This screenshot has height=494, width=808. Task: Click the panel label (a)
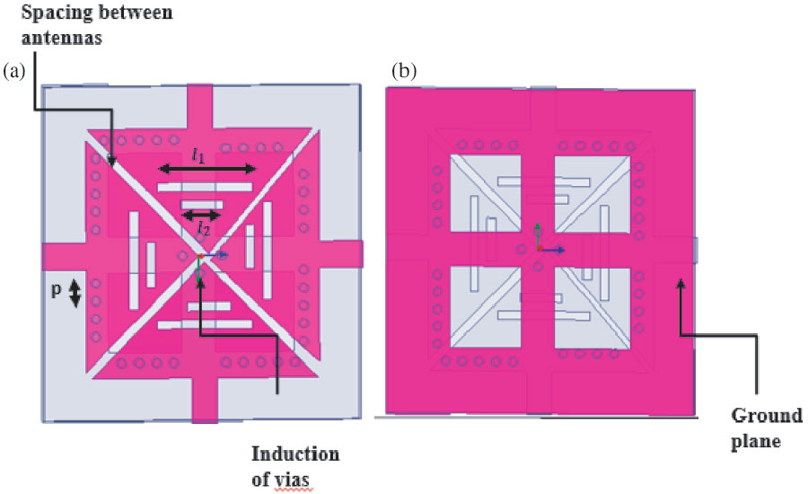coord(15,70)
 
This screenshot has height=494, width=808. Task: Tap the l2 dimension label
coord(202,228)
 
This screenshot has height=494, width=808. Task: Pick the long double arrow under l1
coord(208,169)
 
